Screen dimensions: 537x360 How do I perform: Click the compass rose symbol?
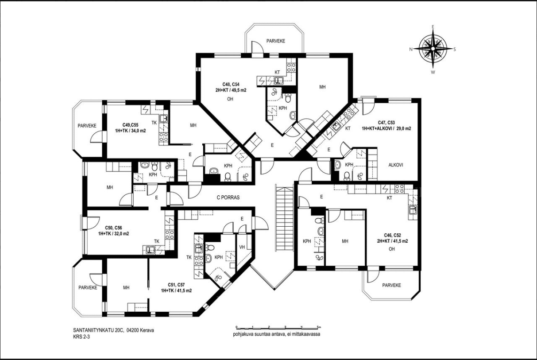coord(433,49)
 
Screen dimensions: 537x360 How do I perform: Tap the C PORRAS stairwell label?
coord(228,197)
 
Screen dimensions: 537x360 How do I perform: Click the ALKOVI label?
coord(396,165)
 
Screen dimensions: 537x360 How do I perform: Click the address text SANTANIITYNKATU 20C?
coord(98,330)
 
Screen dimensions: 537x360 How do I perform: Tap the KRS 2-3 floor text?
coord(81,337)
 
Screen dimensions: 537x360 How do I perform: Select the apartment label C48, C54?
coord(231,85)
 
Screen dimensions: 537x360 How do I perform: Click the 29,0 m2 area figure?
coord(403,128)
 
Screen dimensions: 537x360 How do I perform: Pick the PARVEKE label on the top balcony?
coord(276,41)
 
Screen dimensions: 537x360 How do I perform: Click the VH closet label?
coord(242,247)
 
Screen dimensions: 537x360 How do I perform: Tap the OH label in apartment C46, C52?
coord(392,249)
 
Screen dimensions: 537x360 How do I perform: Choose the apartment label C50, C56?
coord(113,228)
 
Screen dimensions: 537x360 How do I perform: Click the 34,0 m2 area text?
coord(137,131)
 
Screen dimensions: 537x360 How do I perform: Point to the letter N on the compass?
coord(411,50)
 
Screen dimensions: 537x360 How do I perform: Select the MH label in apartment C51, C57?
coord(126,287)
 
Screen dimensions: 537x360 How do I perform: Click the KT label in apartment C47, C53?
coord(348,128)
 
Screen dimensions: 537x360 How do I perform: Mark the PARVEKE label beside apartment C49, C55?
coord(87,126)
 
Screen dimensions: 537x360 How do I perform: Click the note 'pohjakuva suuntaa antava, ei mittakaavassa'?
coord(277,334)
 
